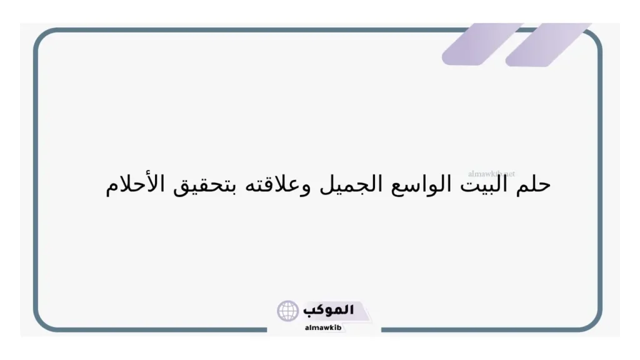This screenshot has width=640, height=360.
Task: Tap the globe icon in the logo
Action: (288, 311)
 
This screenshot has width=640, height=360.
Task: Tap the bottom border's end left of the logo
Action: (266, 329)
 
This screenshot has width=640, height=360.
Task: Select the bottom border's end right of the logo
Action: (382, 329)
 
